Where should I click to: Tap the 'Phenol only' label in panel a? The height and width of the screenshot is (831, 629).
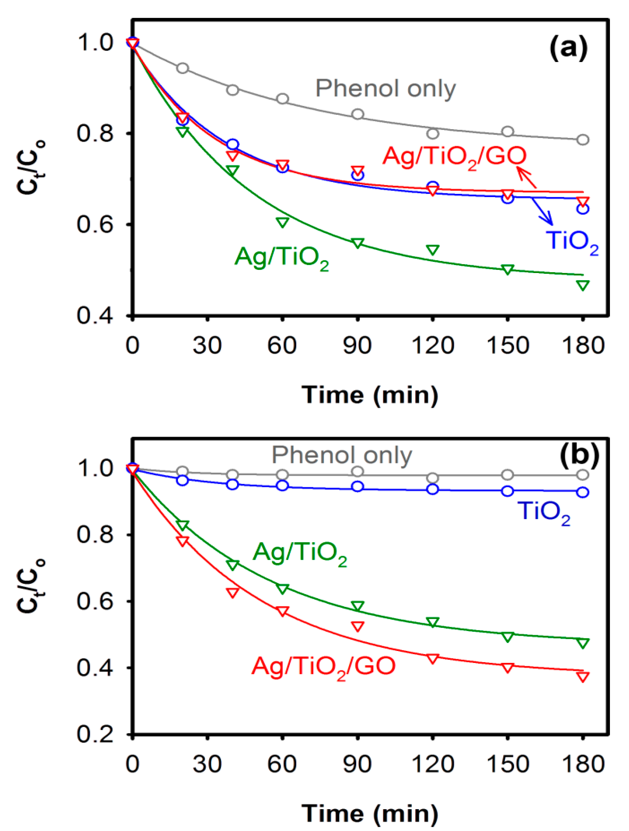coord(385,89)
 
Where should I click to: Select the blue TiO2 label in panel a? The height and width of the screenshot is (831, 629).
coord(572,241)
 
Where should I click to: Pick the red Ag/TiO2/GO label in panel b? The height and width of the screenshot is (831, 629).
coord(323,666)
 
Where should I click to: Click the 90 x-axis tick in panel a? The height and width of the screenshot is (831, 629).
coord(357,345)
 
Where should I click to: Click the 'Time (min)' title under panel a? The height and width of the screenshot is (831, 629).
coord(370,395)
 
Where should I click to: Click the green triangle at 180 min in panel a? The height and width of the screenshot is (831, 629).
coord(583,285)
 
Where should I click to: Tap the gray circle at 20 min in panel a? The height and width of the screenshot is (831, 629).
coord(182,68)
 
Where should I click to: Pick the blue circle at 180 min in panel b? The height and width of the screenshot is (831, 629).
coord(583,492)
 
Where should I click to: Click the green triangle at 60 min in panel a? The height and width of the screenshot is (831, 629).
coord(282,222)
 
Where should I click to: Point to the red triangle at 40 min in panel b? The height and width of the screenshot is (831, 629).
coord(232,593)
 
